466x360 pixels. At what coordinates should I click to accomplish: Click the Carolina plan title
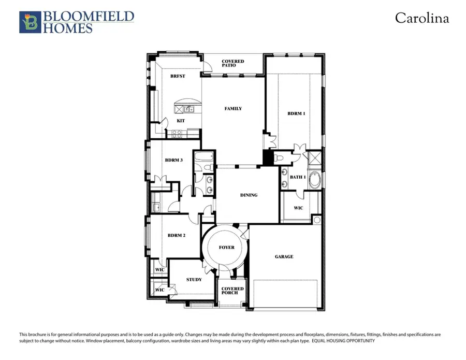tap(421, 18)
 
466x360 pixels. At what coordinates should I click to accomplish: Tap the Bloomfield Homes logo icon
tap(31, 22)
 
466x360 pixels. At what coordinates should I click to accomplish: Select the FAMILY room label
tap(233, 108)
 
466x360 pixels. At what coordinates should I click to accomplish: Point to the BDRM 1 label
tap(296, 113)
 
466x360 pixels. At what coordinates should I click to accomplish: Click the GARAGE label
tap(284, 256)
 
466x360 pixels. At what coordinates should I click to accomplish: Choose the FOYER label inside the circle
tap(226, 247)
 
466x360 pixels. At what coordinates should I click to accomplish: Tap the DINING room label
tap(249, 195)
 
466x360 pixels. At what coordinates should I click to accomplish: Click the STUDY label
tap(194, 279)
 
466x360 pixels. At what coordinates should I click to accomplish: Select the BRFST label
tap(178, 76)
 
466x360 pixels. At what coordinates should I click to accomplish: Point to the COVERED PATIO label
tap(232, 63)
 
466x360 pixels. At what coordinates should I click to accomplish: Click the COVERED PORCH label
tap(232, 291)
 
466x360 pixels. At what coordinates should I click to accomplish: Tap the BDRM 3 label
tap(174, 160)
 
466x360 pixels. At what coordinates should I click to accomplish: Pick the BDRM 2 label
tap(177, 235)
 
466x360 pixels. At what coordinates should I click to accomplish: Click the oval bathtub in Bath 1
tap(314, 180)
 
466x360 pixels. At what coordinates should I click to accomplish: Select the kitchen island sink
tap(188, 109)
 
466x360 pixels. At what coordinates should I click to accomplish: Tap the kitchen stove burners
tap(177, 134)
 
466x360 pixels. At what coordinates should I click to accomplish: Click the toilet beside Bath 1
tap(279, 157)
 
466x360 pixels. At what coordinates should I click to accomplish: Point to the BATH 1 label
tap(298, 177)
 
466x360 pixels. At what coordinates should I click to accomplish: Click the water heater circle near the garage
tap(317, 220)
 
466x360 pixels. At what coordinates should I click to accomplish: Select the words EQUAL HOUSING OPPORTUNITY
tap(343, 341)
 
